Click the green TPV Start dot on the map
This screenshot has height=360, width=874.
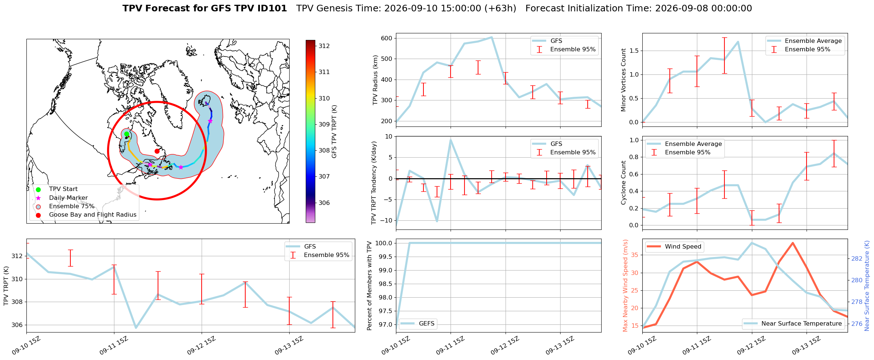[126, 134]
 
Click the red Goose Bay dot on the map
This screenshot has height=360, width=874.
[157, 151]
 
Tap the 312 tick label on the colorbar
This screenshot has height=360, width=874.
[324, 46]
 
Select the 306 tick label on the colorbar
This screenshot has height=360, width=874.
[324, 203]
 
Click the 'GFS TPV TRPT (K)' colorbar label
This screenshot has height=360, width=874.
[334, 132]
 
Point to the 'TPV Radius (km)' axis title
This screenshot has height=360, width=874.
[375, 80]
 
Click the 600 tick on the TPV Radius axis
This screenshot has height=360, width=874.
[387, 38]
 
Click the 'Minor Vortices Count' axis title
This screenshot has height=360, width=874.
[623, 80]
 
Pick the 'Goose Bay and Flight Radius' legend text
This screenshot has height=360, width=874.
[93, 215]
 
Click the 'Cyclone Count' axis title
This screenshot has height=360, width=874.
[623, 183]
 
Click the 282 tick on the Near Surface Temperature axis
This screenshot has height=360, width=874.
[857, 258]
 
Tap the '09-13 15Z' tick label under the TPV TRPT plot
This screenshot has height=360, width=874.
[289, 346]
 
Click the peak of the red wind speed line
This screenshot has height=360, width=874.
[793, 243]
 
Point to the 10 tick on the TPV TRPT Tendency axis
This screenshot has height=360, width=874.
[389, 137]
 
